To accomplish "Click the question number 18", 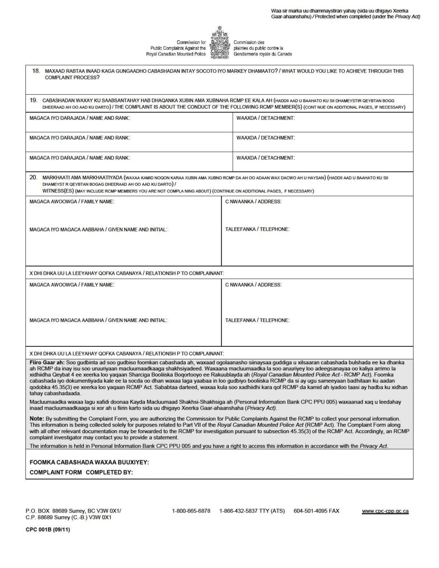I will coord(36,71).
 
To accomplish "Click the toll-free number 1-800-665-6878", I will coord(191,511).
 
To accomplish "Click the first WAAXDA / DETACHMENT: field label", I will coord(266,119).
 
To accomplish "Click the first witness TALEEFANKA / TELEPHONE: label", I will coord(257,229).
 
